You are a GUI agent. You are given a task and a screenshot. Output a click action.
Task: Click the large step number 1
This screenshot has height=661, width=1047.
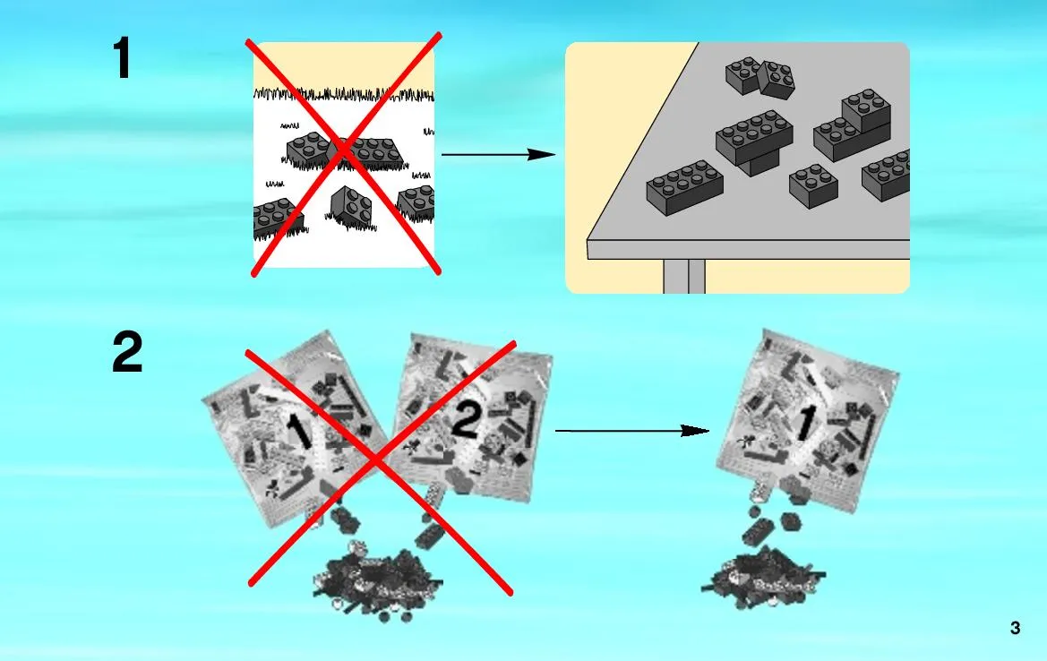coord(122,58)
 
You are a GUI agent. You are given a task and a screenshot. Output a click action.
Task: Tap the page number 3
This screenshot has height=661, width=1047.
coord(1015,628)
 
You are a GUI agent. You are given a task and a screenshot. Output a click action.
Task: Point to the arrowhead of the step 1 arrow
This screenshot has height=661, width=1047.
coord(542,154)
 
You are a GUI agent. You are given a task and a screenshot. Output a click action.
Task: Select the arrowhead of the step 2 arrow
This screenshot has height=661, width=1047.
coord(695,431)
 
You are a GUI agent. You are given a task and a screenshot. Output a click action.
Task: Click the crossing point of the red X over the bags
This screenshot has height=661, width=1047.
coord(376,460)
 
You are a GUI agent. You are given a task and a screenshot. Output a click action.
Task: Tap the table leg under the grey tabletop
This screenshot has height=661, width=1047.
coord(684,277)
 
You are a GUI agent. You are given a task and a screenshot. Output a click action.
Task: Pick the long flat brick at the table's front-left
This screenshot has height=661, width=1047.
coord(684,186)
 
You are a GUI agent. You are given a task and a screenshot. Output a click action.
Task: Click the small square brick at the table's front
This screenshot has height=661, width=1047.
coord(813,186)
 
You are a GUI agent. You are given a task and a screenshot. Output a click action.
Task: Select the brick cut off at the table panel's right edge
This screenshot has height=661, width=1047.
coord(887,175)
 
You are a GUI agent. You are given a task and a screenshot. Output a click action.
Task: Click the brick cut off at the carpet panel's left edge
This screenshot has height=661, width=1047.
coord(277,218)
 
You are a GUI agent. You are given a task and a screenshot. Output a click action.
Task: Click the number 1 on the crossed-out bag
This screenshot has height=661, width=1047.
coord(298,431)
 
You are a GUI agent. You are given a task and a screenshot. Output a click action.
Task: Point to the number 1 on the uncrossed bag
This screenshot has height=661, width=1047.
coord(806,423)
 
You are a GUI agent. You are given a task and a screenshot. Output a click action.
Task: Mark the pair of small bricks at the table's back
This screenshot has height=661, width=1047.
coord(760,77)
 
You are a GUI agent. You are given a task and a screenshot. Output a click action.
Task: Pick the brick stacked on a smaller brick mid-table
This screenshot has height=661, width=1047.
coord(754,142)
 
